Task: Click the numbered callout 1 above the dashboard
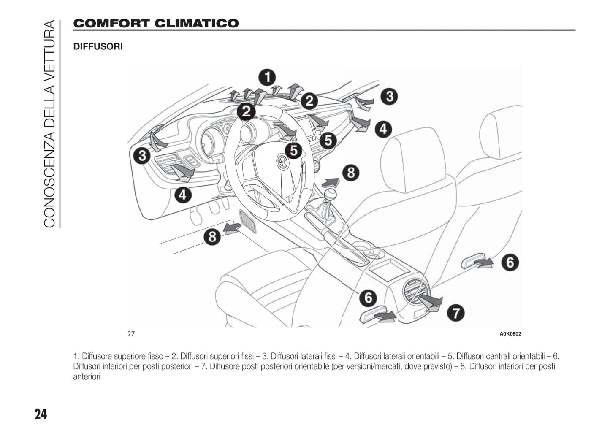[x=267, y=77]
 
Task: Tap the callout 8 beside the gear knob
[x=350, y=173]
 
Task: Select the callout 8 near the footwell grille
[x=212, y=236]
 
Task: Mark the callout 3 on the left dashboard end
[x=142, y=156]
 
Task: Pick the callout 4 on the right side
[x=383, y=128]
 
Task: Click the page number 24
[x=41, y=414]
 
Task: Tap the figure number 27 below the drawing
[x=131, y=334]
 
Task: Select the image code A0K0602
[x=510, y=334]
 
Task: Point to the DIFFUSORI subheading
[x=98, y=46]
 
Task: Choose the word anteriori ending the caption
[x=87, y=376]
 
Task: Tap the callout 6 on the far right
[x=510, y=263]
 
